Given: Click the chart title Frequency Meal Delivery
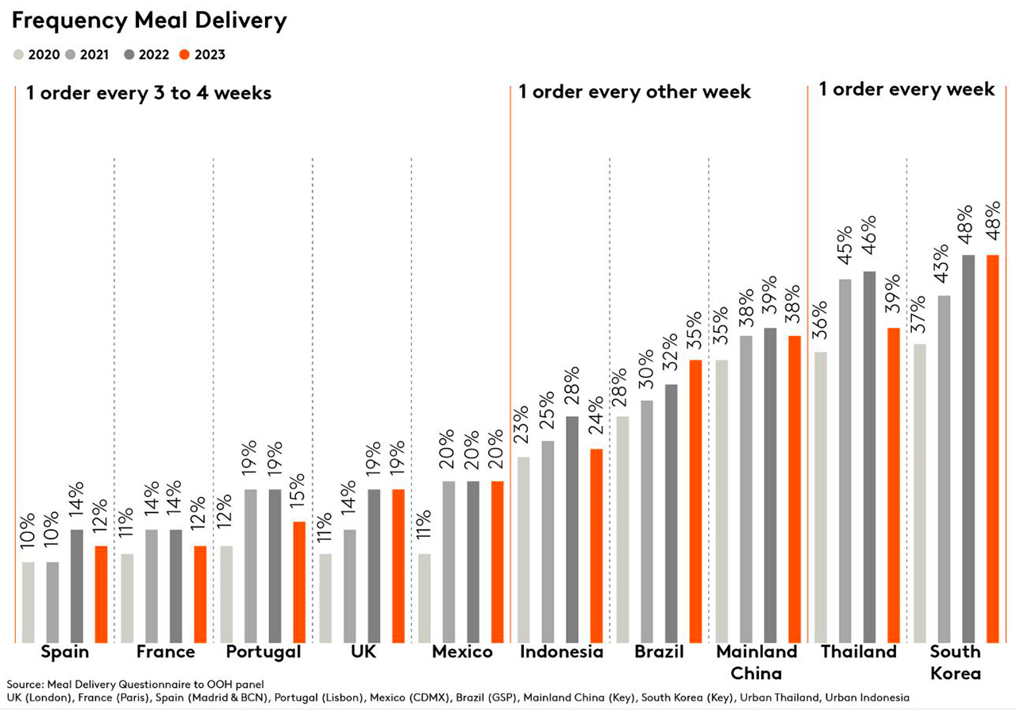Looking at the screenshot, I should tap(148, 21).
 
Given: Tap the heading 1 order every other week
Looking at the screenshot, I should tap(634, 92).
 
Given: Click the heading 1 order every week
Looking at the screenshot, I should tap(906, 89).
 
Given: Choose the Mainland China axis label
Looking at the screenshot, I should tap(756, 662).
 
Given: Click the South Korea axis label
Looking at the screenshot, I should tap(955, 662).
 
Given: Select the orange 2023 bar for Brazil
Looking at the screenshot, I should tap(695, 500).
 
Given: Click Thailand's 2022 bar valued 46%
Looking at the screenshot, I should tap(869, 456).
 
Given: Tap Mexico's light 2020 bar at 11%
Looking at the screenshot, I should tap(425, 597).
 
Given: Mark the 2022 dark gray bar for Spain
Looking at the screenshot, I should tap(77, 585).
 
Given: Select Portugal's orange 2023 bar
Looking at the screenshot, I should tap(299, 581).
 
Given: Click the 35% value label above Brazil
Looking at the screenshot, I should tap(695, 334).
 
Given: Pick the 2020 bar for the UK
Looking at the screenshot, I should tap(325, 597).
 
